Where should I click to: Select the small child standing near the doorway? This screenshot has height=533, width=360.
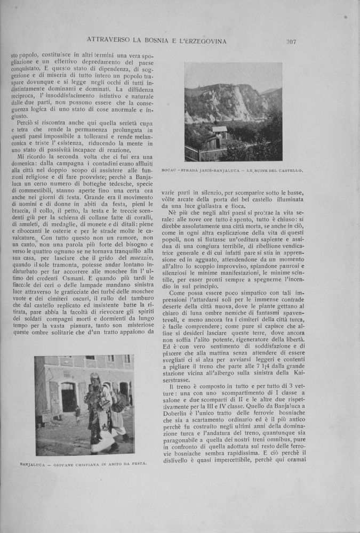(78, 414)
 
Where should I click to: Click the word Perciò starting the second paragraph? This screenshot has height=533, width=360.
(27, 124)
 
